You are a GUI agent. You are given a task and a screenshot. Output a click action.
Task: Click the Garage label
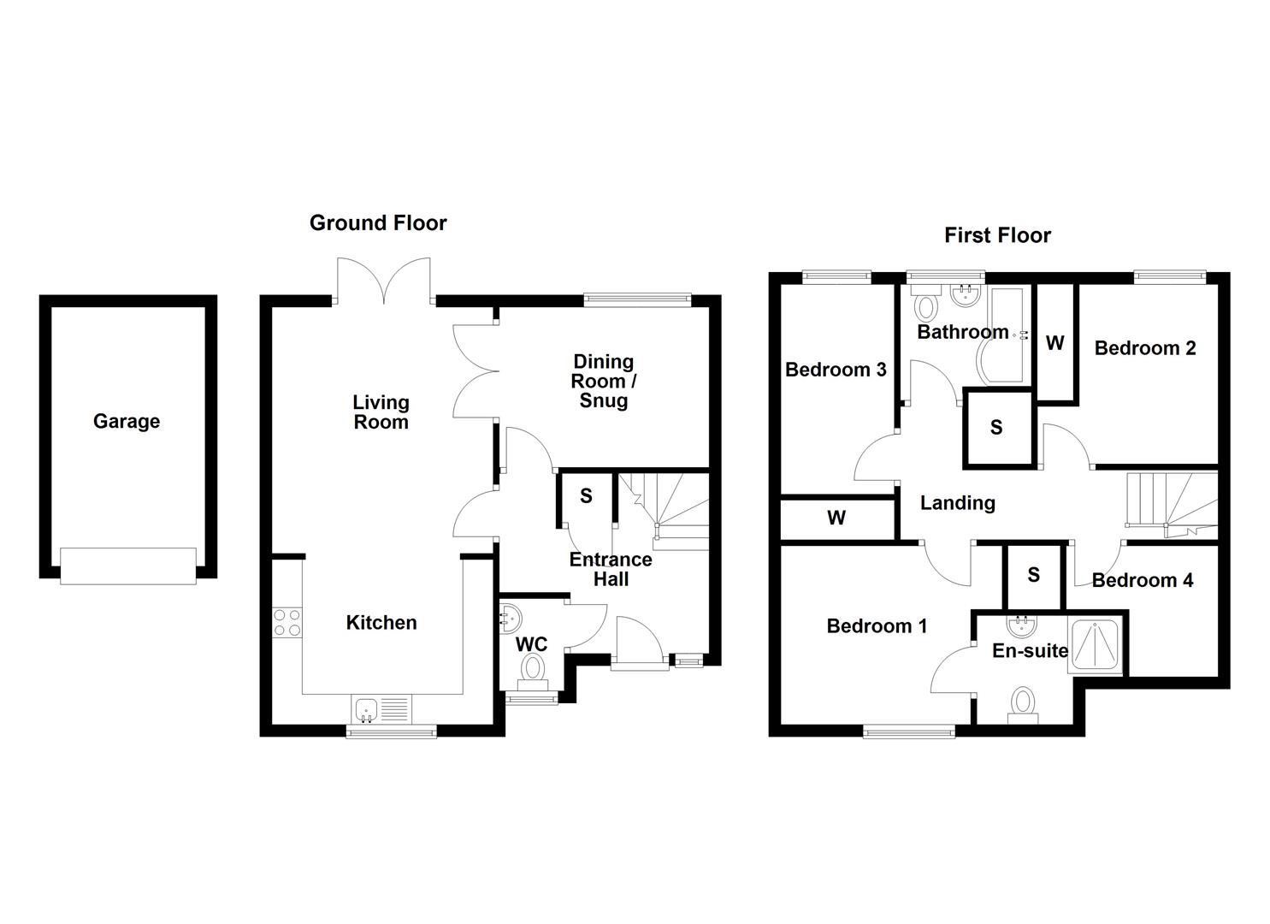[x=127, y=421]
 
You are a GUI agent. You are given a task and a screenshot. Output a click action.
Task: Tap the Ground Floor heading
[x=377, y=223]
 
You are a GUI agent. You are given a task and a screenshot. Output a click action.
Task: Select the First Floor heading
[x=997, y=235]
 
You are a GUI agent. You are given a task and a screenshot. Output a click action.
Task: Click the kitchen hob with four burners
[x=286, y=622]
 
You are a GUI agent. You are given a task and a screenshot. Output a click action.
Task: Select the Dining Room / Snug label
[x=603, y=381]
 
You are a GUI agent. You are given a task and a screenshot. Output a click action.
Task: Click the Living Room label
[x=381, y=412]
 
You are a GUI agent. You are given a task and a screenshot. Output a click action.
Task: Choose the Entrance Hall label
[x=611, y=569]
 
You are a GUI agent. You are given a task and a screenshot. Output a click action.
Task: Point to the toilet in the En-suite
[x=1022, y=705]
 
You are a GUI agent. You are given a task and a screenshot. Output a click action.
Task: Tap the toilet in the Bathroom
[x=925, y=305]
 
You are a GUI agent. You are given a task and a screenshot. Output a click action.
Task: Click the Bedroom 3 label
[x=836, y=370]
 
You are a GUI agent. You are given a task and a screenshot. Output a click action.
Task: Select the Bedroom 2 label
[x=1144, y=348]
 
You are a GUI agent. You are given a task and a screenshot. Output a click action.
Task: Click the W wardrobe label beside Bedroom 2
[x=1054, y=343]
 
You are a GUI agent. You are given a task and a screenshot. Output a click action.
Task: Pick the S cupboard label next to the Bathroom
[x=996, y=427]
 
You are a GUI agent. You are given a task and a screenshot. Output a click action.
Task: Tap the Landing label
[x=957, y=503]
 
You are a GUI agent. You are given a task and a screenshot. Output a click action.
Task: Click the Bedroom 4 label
[x=1142, y=580]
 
